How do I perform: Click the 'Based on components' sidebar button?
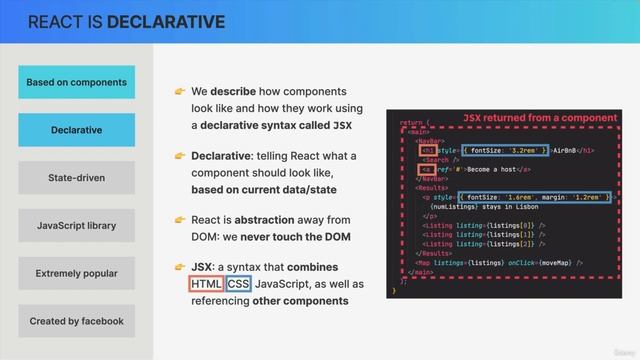[x=76, y=82]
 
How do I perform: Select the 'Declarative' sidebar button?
[x=76, y=130]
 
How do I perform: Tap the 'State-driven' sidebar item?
[x=76, y=178]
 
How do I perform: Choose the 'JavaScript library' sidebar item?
[x=76, y=226]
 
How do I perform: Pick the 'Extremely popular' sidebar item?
[x=76, y=273]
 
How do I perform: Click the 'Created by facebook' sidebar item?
[x=76, y=321]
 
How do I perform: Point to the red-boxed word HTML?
[x=205, y=284]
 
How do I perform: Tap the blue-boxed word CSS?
[x=238, y=284]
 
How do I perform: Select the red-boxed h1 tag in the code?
[x=426, y=149]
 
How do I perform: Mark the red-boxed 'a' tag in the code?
[x=426, y=169]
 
